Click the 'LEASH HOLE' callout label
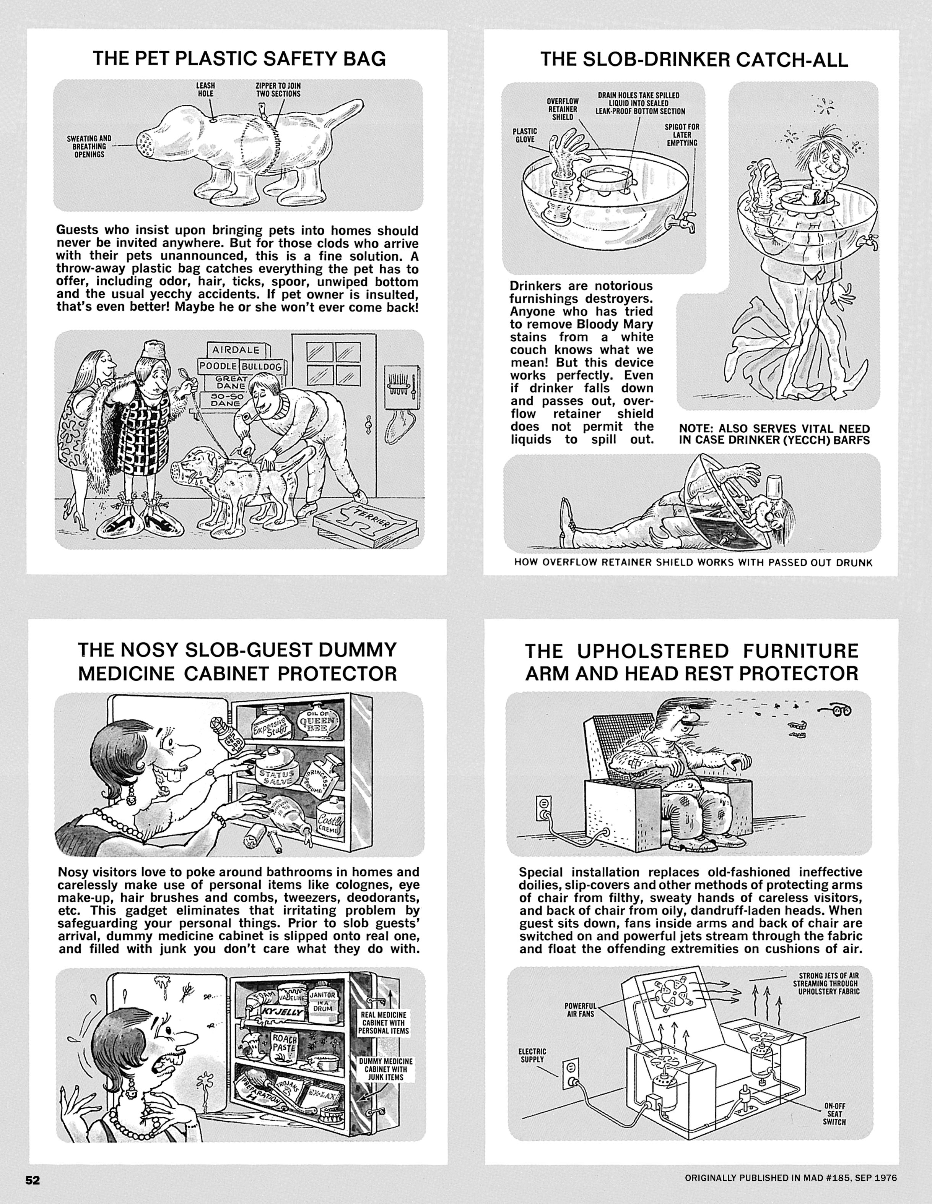click(206, 90)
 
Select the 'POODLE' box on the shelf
click(218, 366)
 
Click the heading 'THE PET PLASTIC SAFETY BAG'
click(239, 58)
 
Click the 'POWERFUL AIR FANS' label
click(580, 1009)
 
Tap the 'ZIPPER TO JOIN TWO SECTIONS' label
click(278, 90)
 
